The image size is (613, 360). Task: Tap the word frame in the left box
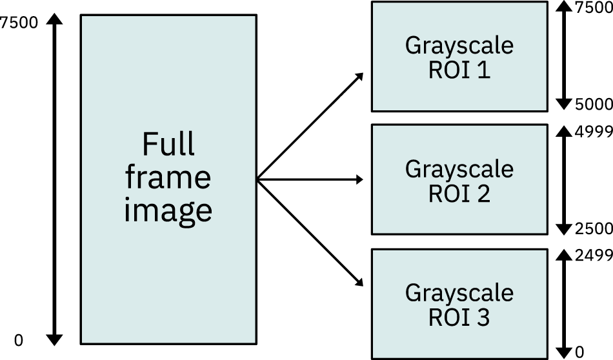point(168,177)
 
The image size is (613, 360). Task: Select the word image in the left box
point(168,210)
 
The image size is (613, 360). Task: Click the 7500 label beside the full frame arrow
point(20,23)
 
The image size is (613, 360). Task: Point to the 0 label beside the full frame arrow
point(18,340)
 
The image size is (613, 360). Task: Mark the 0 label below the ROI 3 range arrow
point(579,352)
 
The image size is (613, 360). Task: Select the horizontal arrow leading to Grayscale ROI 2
point(310,180)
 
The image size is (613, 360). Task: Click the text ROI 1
point(459,70)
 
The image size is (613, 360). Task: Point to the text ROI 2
point(459,194)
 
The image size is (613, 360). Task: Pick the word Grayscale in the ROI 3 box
point(459,293)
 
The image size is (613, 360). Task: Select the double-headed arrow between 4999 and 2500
point(564,180)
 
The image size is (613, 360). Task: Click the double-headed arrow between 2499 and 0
point(564,304)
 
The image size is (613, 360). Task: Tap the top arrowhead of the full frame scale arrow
point(55,21)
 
